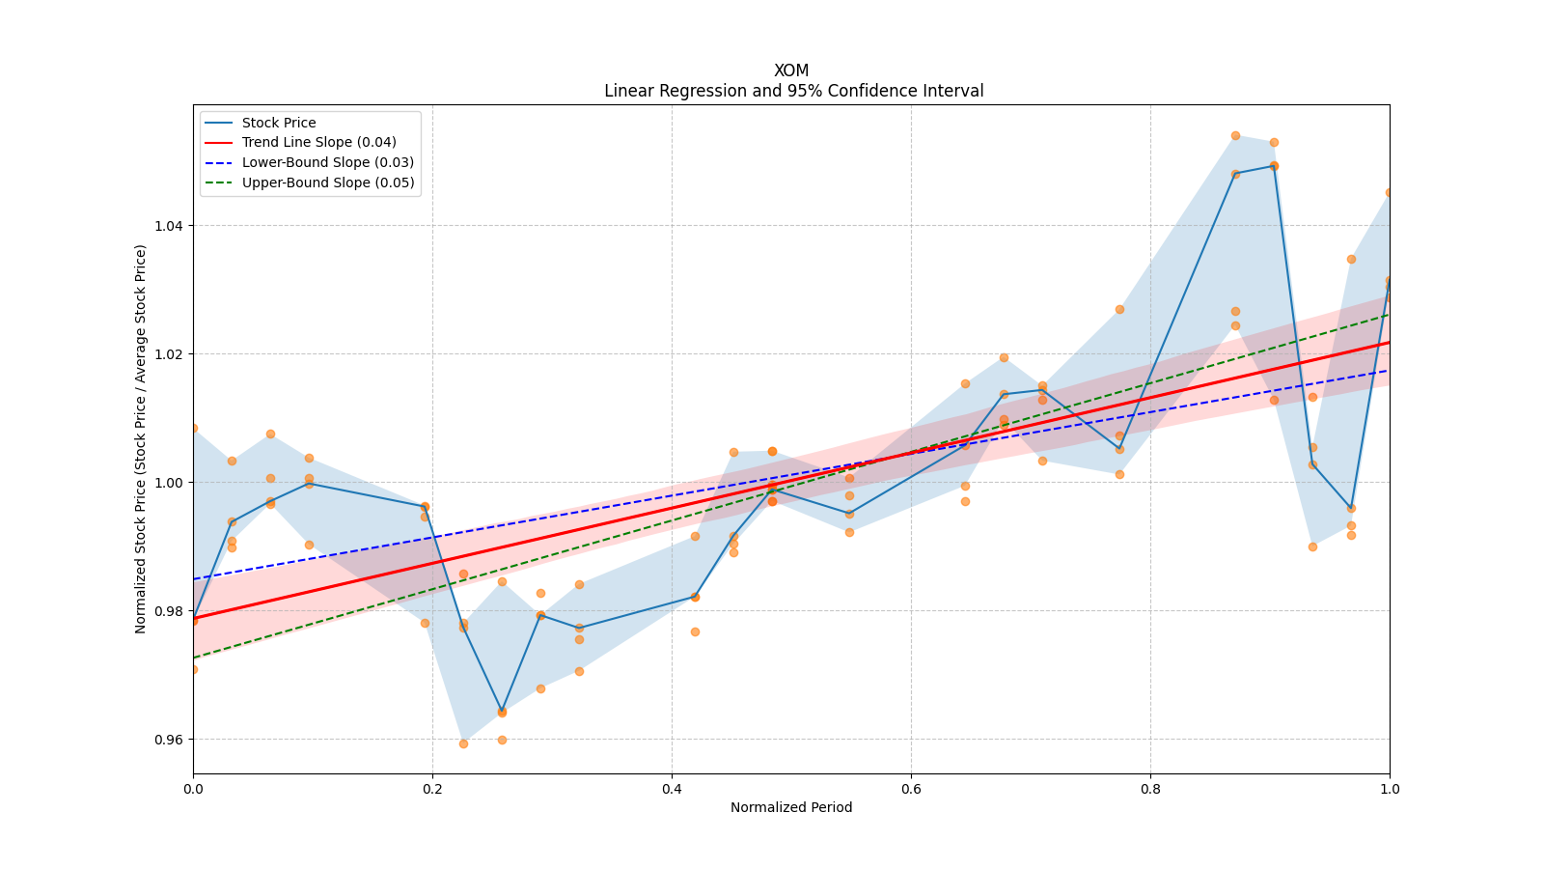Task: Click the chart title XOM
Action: pos(791,70)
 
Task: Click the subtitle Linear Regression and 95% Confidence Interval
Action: pos(793,91)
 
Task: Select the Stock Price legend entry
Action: pos(279,123)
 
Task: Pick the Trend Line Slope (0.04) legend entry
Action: pos(318,142)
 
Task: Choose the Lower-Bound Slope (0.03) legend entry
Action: pos(327,162)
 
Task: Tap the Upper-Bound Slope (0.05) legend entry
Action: pos(328,182)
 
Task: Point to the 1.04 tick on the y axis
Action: pos(171,226)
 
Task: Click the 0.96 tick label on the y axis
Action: pos(171,740)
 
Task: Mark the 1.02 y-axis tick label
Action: pos(171,354)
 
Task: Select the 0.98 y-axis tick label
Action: pos(171,611)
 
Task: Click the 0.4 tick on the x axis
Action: pos(672,789)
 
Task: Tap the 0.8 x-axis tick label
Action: pos(1150,789)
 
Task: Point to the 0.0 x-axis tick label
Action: pos(193,789)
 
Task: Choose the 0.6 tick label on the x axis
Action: pos(911,789)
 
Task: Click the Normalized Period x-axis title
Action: pos(791,807)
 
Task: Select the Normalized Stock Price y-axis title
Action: pos(141,438)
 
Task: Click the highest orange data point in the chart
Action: pos(1235,135)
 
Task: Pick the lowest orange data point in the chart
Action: pos(463,743)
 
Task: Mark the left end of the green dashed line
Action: pos(194,658)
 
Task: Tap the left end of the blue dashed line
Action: pos(194,579)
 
